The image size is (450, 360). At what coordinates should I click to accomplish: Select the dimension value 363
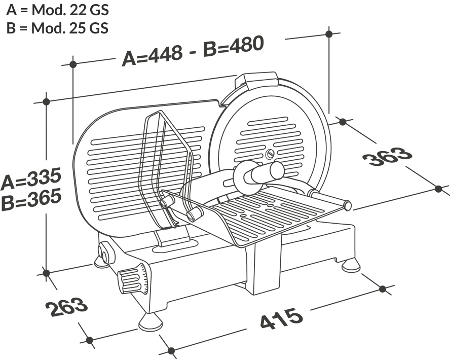[388, 157]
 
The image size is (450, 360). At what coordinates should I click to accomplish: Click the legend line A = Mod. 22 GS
[57, 10]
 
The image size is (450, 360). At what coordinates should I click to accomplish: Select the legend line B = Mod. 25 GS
[57, 27]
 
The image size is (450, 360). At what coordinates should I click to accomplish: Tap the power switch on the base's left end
[105, 252]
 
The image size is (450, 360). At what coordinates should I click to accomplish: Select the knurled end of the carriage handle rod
[347, 205]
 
